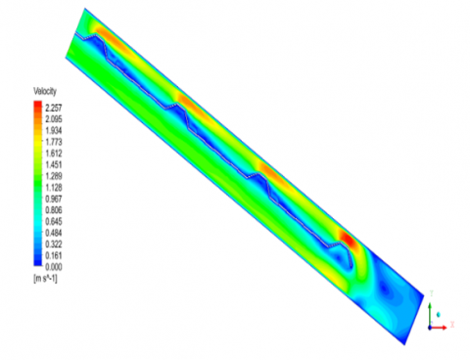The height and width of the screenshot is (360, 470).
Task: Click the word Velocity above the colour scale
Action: coord(45,91)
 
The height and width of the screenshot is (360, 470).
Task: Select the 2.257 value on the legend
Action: coord(54,108)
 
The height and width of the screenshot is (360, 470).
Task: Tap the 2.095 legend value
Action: coord(54,119)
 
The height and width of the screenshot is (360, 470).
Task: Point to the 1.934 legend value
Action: coord(54,130)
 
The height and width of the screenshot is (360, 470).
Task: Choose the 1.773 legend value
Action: coord(54,142)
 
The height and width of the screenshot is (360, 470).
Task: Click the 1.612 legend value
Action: coord(54,154)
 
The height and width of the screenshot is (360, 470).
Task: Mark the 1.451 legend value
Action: coord(54,164)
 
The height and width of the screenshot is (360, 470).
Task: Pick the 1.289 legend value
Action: coord(54,176)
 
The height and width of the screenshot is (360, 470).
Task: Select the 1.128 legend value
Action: coord(54,188)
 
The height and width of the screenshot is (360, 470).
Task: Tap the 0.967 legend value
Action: coord(54,199)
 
